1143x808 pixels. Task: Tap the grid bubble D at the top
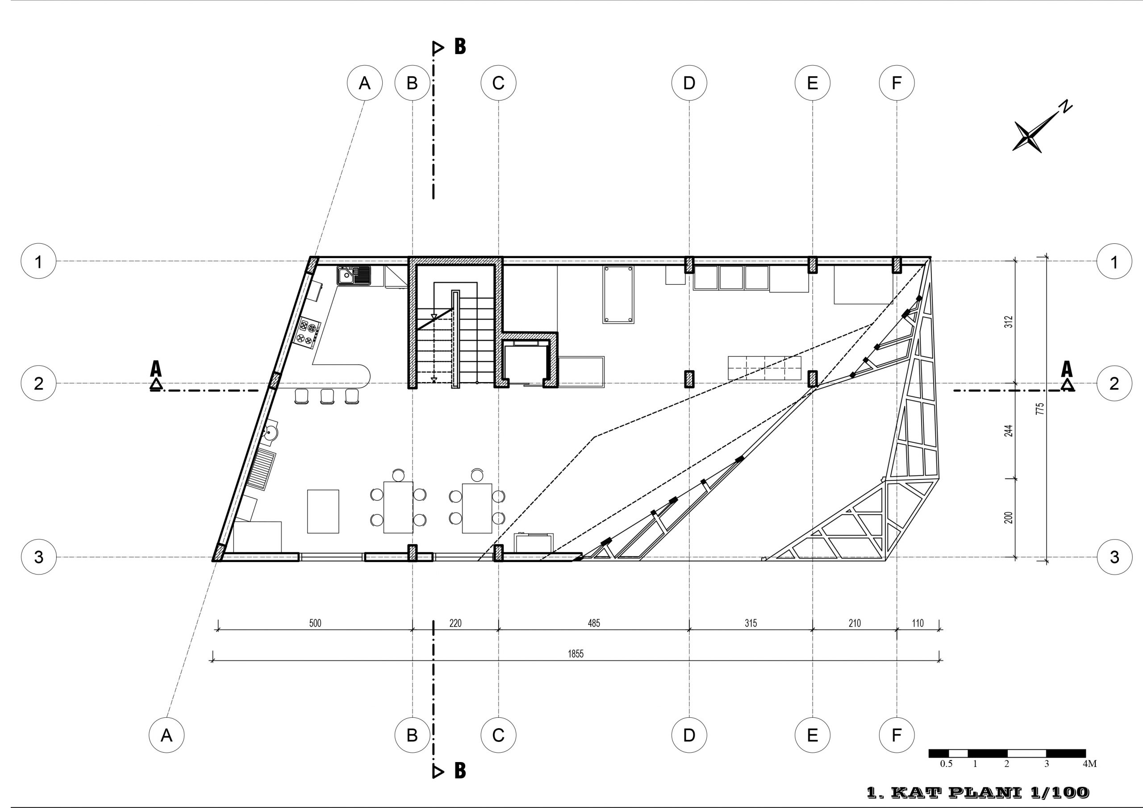coord(689,83)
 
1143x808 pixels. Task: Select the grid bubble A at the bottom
coord(166,735)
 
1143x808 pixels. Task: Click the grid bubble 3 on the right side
coord(1114,557)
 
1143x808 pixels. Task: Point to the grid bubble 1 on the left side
coord(38,261)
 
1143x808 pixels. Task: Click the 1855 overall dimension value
coord(576,654)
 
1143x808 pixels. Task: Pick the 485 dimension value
coord(594,623)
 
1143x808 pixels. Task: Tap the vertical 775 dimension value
coord(1039,409)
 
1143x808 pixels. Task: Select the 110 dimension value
coord(918,623)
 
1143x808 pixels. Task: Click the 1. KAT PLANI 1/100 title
coord(978,792)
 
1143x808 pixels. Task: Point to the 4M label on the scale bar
coord(1089,764)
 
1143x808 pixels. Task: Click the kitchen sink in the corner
coord(354,275)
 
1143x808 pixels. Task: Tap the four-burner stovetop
coord(309,333)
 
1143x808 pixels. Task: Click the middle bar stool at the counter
coord(327,396)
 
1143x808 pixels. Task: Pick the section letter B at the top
coord(460,46)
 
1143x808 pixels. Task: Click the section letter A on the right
coord(1067,369)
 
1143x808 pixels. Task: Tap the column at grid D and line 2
coord(689,379)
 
